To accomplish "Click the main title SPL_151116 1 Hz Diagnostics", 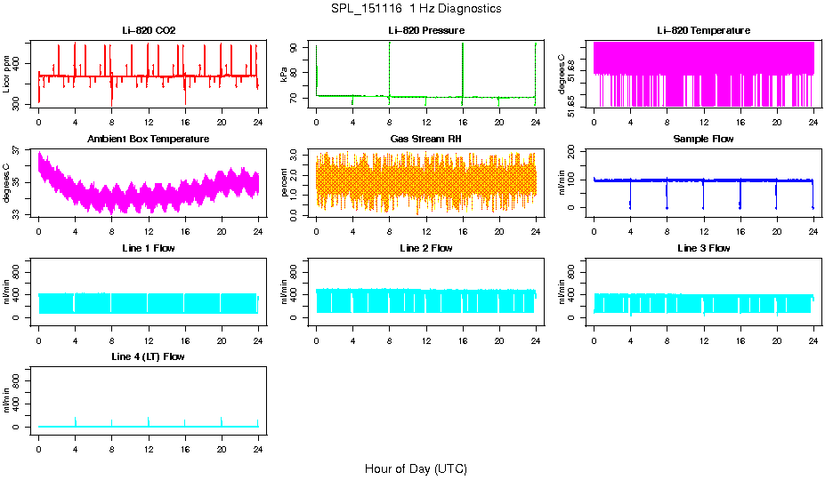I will (x=416, y=8).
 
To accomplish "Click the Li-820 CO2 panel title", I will (x=149, y=30).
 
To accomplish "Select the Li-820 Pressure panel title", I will (x=426, y=30).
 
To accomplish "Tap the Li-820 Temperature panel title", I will (x=703, y=30).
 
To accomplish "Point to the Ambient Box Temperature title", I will (x=149, y=139).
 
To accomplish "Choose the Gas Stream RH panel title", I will (x=426, y=139).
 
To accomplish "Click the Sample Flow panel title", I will (x=703, y=139).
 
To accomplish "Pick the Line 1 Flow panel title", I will (x=149, y=248).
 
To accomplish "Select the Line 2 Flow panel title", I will (x=426, y=248).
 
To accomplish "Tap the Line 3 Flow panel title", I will (x=703, y=248).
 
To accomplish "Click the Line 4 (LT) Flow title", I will (x=149, y=356).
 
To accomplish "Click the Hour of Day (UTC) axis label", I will (x=416, y=468).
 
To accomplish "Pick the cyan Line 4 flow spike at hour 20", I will (x=222, y=421).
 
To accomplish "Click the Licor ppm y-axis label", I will (x=7, y=75).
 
